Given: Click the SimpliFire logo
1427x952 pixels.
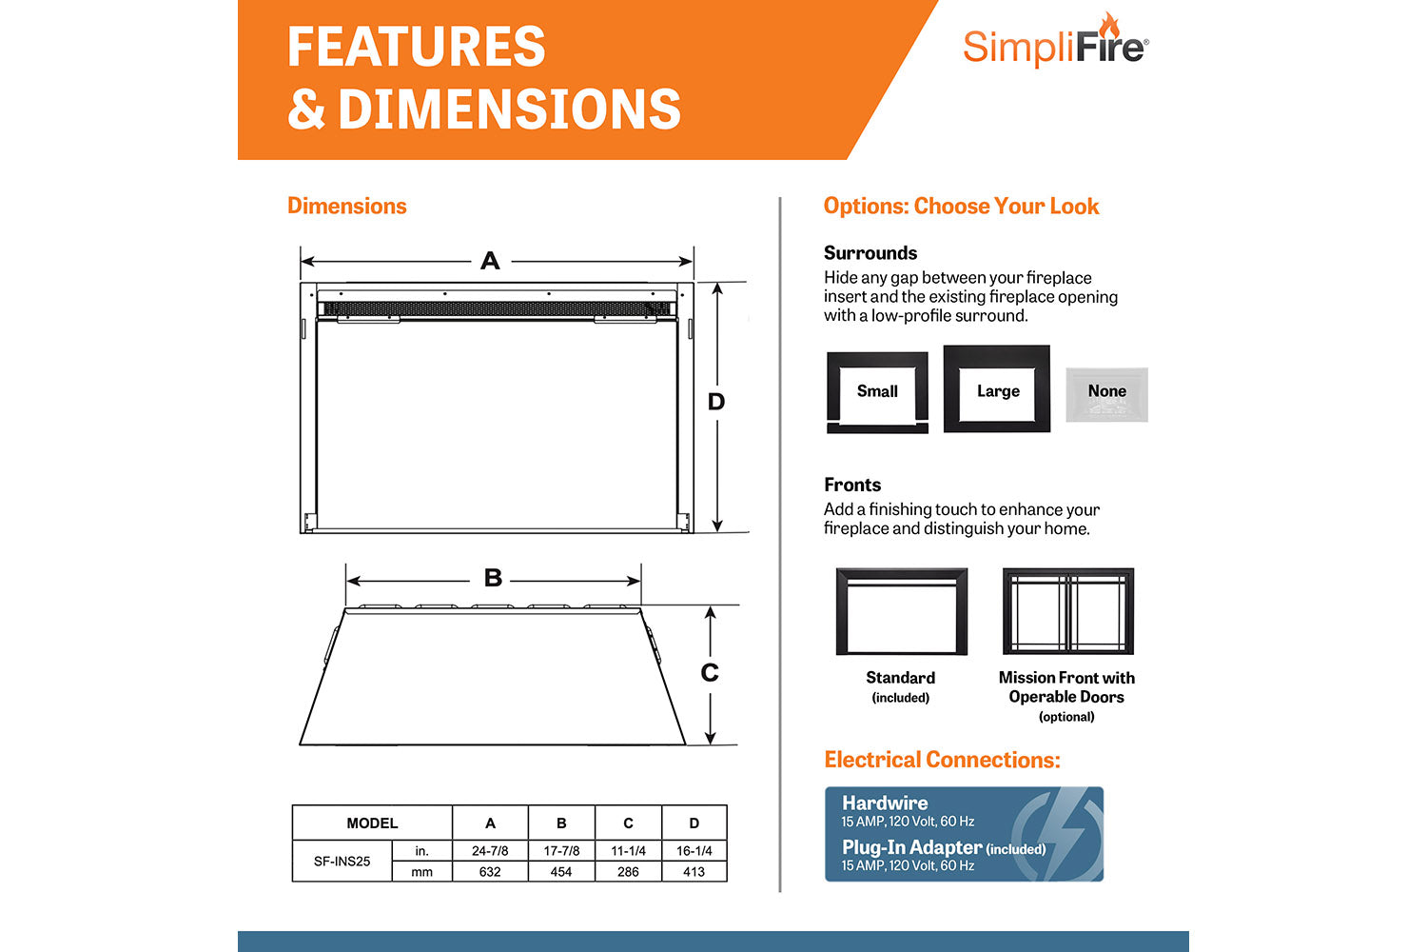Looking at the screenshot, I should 1055,43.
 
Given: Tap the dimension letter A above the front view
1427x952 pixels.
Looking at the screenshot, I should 490,261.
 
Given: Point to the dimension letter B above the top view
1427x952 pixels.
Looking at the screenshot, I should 493,578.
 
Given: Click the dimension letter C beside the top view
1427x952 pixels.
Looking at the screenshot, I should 710,673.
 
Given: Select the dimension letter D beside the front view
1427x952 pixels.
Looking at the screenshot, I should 716,402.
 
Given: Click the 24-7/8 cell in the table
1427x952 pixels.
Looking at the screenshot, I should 490,850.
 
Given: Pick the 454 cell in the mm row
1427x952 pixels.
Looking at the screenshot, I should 561,871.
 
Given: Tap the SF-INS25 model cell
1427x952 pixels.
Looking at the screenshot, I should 342,861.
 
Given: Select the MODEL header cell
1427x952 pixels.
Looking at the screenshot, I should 372,823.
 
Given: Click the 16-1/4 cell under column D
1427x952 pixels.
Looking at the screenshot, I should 694,850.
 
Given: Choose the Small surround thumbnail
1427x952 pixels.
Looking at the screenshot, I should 877,391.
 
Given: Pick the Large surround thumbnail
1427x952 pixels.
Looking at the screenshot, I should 997,389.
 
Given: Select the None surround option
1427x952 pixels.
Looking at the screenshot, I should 1106,393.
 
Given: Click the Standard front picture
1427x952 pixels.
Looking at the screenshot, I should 901,611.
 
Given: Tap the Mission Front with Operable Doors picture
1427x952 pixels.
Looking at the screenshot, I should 1067,611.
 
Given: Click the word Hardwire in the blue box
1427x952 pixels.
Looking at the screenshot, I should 885,803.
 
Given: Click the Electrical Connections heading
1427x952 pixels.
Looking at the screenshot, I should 942,760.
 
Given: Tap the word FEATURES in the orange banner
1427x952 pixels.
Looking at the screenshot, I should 417,47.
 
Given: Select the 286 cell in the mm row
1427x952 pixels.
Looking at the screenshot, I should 628,871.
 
